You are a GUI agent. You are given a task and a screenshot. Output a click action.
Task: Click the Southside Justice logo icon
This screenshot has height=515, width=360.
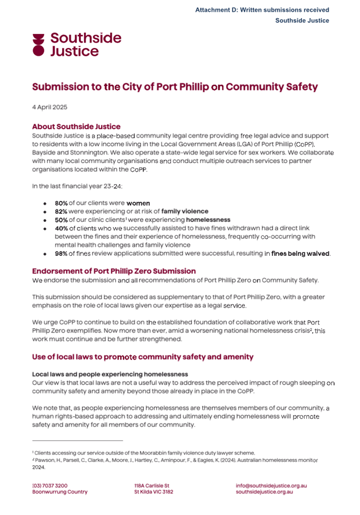38,45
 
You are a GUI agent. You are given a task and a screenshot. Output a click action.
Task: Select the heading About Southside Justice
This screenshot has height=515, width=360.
76,126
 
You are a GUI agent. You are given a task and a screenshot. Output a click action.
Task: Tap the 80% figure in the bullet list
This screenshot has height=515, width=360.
62,202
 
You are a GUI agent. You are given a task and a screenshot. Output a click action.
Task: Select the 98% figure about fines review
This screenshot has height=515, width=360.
62,254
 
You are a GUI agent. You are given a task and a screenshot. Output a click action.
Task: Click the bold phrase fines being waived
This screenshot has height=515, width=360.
300,254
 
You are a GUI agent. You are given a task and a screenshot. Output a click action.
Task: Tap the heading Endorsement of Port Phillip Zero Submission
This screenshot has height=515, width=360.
114,271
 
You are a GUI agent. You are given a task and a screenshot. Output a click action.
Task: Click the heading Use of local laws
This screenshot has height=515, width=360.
143,357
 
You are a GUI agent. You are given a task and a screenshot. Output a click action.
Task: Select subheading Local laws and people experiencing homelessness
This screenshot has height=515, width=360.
110,374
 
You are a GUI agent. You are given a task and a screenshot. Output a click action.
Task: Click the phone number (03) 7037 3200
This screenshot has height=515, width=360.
50,485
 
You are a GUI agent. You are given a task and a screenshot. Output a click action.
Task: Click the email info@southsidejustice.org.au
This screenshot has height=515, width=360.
271,485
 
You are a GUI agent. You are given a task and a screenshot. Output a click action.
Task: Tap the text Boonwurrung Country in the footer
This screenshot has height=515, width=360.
60,492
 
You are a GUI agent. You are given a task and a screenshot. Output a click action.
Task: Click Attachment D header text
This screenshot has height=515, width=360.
262,10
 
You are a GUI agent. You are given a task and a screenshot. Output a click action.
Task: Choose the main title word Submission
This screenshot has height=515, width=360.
64,87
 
